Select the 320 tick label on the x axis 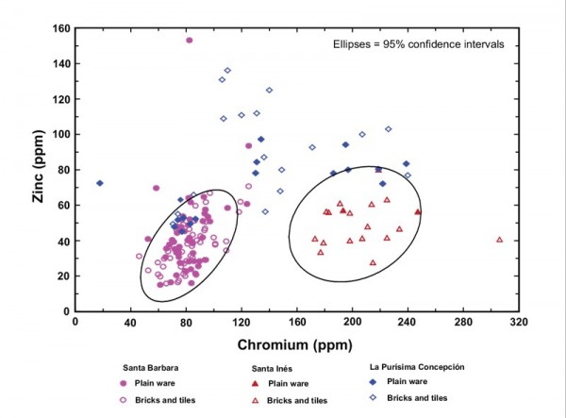click(519, 322)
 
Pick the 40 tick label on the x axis click(130, 322)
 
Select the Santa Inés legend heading click(278, 368)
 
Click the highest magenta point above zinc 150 click(189, 41)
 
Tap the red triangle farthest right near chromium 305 click(500, 240)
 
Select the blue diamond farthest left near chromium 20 click(100, 183)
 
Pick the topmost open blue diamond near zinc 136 click(227, 71)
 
